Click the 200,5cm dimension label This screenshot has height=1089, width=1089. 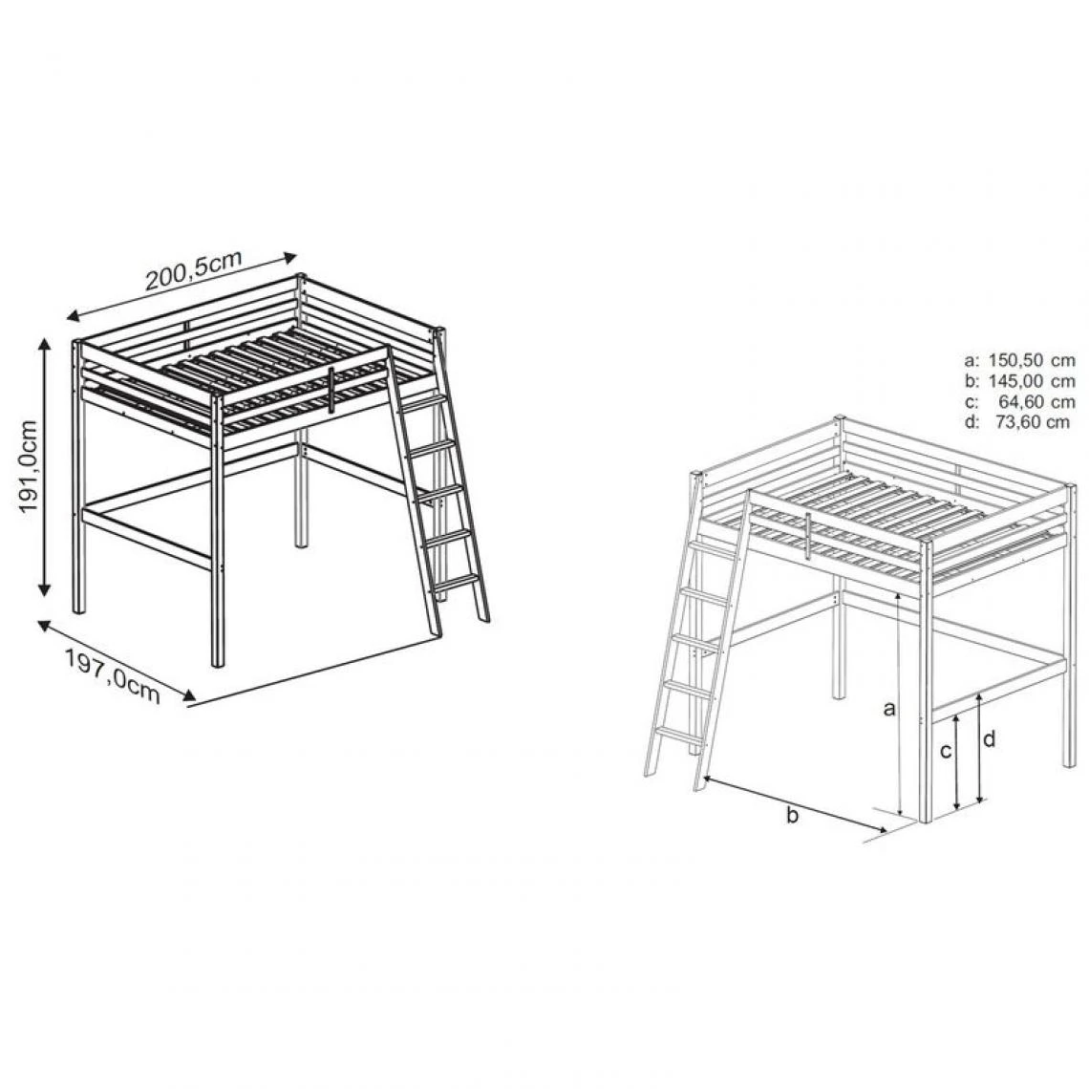[x=194, y=270]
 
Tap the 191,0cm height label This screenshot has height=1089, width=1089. [x=29, y=467]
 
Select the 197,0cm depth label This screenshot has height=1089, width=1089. [x=114, y=674]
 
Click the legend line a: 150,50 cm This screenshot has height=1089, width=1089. [x=1019, y=360]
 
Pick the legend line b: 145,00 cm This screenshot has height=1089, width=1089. [x=1019, y=380]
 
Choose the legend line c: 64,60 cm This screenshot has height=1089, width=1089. [x=1019, y=401]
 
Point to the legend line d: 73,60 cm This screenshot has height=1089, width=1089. [x=1017, y=421]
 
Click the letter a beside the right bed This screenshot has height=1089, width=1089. [x=889, y=709]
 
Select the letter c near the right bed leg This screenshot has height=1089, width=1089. [x=946, y=751]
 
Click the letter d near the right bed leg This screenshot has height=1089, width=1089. [x=990, y=738]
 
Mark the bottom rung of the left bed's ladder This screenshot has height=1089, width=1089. [x=455, y=584]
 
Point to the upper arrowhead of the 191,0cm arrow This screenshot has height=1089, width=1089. [x=45, y=345]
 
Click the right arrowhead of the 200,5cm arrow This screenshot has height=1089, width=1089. [x=290, y=258]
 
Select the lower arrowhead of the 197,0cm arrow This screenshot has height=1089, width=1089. [x=188, y=694]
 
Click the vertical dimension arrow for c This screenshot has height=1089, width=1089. [x=957, y=762]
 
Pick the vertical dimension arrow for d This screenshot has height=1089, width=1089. [x=980, y=749]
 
